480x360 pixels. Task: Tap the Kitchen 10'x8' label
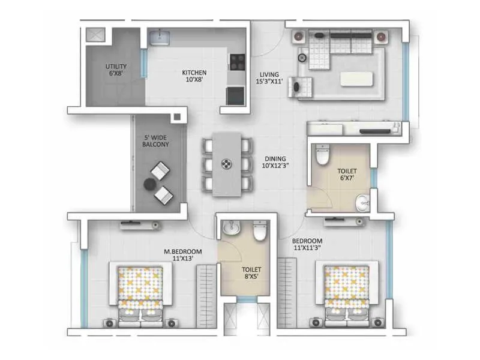(x=194, y=76)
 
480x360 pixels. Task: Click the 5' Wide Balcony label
(x=156, y=140)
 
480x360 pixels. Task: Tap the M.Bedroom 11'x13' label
(x=184, y=254)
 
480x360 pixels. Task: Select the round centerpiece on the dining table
(x=226, y=163)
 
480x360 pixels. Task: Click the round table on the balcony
(x=149, y=185)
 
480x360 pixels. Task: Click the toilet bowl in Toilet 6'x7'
(x=323, y=155)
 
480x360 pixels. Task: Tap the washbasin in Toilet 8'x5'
(x=230, y=229)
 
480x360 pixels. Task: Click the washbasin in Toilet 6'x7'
(x=362, y=202)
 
